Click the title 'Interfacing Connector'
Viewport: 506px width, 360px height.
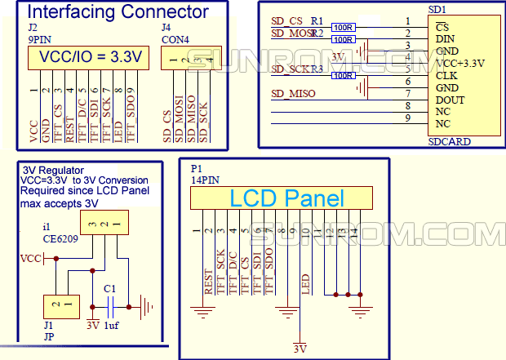[118, 13]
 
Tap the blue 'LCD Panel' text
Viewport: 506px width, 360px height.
[286, 198]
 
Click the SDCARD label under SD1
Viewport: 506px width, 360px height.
[449, 141]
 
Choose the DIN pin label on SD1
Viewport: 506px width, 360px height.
[446, 38]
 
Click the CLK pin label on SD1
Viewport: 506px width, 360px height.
[446, 74]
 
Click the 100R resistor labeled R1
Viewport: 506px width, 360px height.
[344, 26]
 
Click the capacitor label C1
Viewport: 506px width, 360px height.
[109, 288]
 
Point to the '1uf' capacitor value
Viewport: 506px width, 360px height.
[112, 325]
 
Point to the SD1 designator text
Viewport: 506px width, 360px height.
[437, 9]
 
